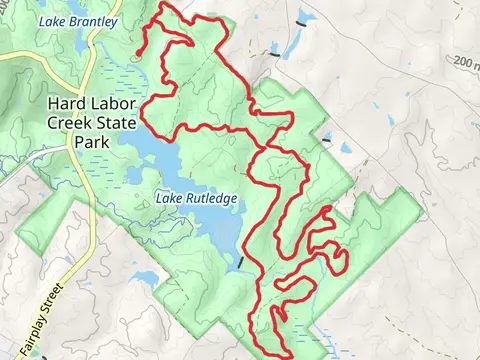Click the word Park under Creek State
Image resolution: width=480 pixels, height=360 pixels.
92,141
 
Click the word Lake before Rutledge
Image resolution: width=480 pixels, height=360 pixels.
168,198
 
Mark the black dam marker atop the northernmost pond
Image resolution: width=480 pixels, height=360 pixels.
300,17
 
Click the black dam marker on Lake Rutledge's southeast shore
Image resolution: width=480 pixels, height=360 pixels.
240,262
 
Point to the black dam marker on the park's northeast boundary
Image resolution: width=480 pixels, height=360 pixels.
325,142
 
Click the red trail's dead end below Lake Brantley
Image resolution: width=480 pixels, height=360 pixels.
138,52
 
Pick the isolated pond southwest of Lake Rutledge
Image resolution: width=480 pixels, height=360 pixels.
143,277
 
